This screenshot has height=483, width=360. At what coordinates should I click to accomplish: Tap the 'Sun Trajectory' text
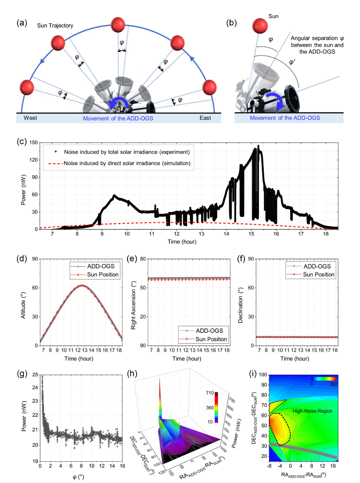[x=55, y=26]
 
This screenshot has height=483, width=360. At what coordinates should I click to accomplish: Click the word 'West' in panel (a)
[x=30, y=118]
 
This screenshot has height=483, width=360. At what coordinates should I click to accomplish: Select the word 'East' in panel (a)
[x=205, y=118]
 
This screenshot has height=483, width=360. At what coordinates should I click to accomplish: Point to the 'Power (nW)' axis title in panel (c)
[x=24, y=186]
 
